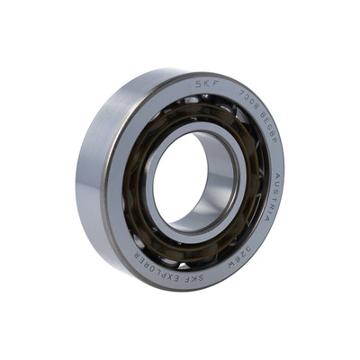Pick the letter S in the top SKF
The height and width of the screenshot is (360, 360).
(200, 83)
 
